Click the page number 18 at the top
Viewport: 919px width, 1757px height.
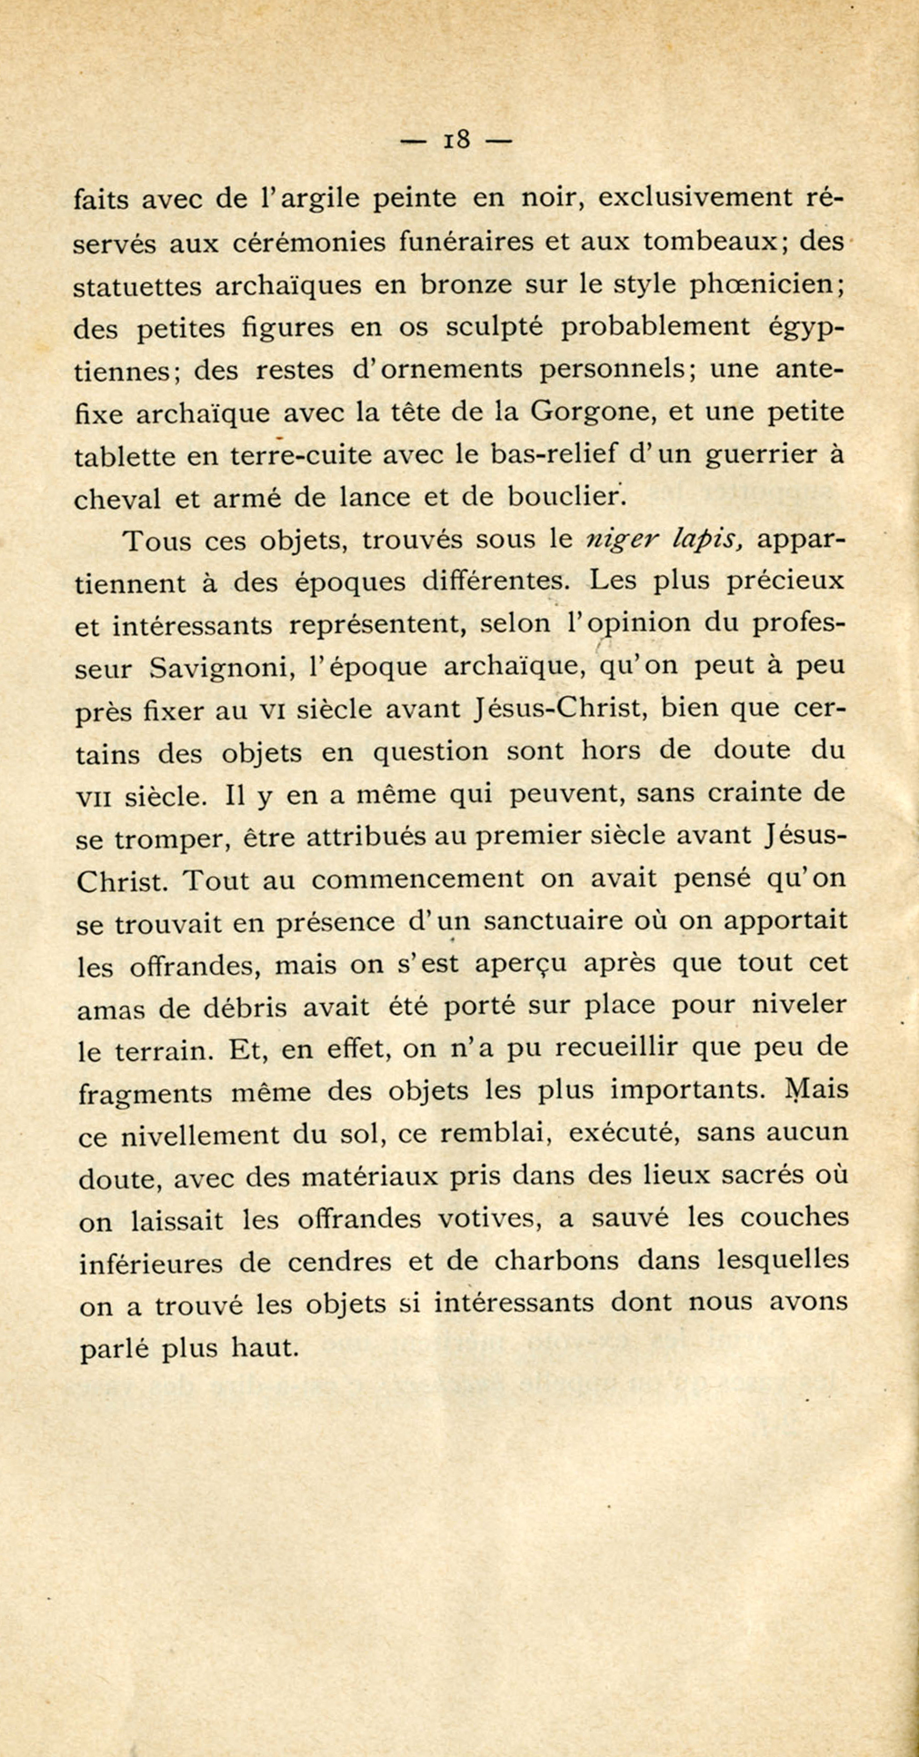click(456, 140)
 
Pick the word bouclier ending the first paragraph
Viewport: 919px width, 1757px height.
click(566, 497)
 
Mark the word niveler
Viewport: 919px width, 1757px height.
click(800, 1006)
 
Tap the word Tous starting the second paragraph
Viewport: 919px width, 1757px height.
click(155, 541)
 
